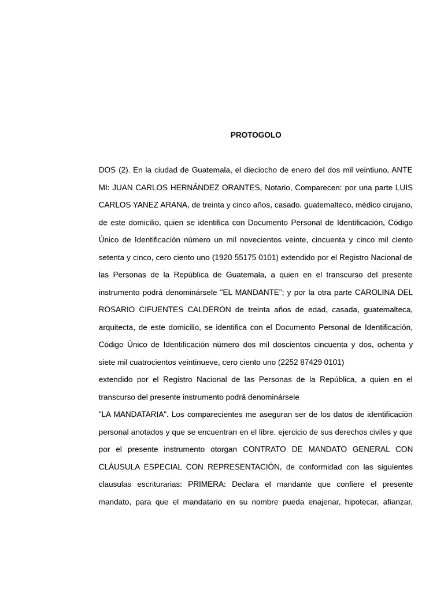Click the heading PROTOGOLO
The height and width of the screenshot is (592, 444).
[x=256, y=135]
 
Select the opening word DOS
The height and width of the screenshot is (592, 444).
[x=107, y=170]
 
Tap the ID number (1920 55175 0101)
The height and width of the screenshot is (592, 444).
[x=245, y=257]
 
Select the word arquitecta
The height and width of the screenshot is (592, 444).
[x=117, y=327]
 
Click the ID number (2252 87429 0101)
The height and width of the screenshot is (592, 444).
[x=311, y=362]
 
